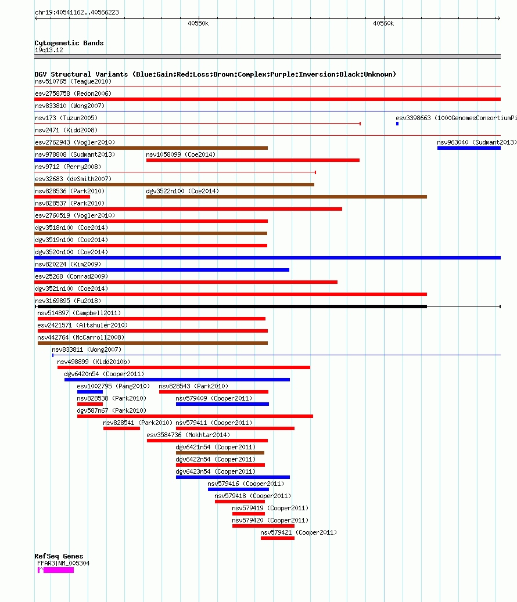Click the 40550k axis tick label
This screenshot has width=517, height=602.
click(x=198, y=23)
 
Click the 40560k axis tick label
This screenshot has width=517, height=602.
click(x=383, y=23)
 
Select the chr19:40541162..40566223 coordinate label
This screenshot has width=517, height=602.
click(x=77, y=12)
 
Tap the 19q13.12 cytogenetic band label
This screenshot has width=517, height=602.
click(x=49, y=51)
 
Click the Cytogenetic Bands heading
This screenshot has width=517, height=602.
click(x=69, y=43)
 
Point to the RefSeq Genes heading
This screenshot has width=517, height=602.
click(x=59, y=556)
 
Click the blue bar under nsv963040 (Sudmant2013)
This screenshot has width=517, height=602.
click(x=469, y=148)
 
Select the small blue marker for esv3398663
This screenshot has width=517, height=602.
click(x=397, y=124)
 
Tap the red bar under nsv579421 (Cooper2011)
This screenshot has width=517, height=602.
click(x=278, y=538)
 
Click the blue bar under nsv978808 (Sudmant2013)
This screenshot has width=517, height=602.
click(x=62, y=160)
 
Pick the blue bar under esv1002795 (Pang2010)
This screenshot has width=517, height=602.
click(x=90, y=392)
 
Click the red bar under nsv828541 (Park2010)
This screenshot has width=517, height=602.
click(x=122, y=428)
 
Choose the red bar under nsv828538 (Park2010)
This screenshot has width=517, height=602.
click(x=90, y=404)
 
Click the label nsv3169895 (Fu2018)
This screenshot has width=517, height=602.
click(x=68, y=301)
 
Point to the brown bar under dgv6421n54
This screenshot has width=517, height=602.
click(x=220, y=453)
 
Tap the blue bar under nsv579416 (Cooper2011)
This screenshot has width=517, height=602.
click(x=238, y=489)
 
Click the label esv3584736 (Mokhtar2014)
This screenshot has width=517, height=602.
click(x=188, y=435)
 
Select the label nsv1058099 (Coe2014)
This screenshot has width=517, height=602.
click(x=181, y=155)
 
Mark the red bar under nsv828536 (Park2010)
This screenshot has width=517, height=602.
click(x=62, y=197)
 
